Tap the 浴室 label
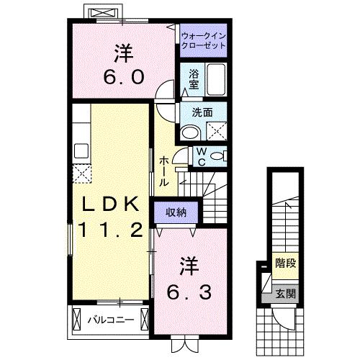pyautogui.click(x=194, y=78)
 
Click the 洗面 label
pyautogui.click(x=202, y=112)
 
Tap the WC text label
pyautogui.click(x=202, y=156)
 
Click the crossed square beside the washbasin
pyautogui.click(x=214, y=132)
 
